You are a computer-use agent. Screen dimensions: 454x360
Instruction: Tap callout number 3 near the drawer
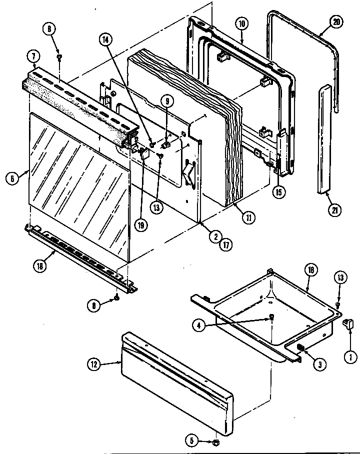tap(317, 364)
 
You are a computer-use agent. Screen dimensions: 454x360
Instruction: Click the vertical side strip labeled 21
tap(324, 137)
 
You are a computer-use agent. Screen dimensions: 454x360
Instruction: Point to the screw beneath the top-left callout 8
tap(59, 57)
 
